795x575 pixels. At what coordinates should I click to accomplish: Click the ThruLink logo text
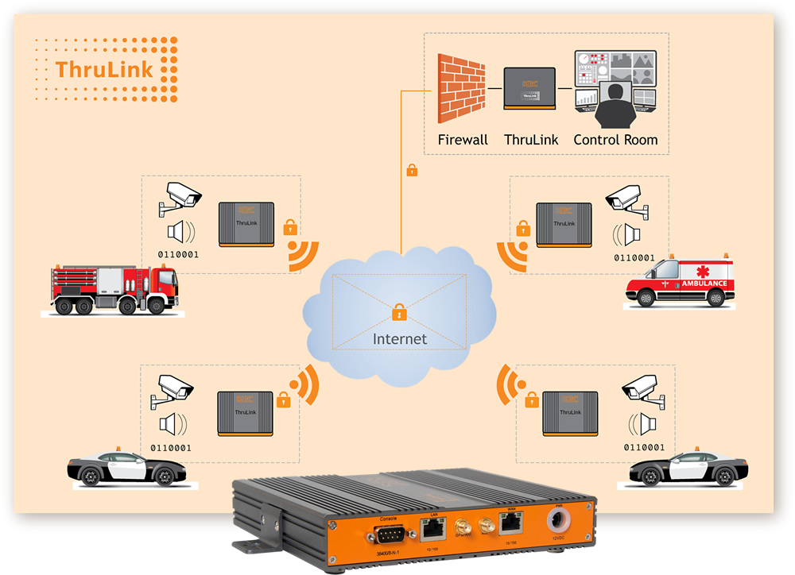103,69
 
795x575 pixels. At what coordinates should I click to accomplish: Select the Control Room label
615,140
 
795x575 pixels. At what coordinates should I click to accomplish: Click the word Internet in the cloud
400,339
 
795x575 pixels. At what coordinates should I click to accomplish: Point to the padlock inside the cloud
399,312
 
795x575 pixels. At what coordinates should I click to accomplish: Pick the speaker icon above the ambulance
628,234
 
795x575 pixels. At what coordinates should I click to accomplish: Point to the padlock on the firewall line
411,170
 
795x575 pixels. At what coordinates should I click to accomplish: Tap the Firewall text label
463,140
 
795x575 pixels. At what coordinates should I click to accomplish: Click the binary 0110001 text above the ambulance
633,257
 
